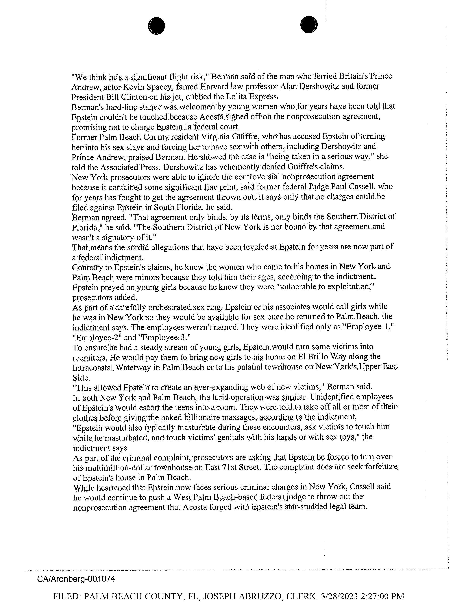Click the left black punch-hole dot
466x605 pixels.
pos(157,26)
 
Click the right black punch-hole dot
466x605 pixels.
pos(309,25)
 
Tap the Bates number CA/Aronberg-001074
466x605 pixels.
pos(76,579)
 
